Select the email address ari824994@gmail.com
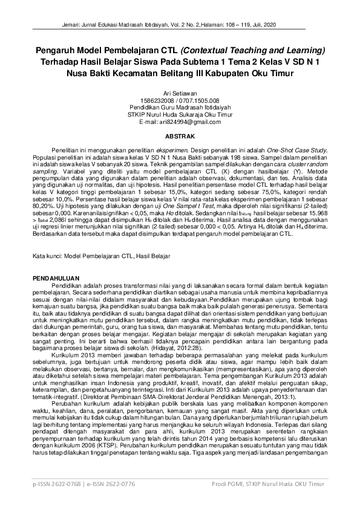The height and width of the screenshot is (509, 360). point(189,122)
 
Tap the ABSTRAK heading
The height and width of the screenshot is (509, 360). point(180,136)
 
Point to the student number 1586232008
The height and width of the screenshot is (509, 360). point(156,101)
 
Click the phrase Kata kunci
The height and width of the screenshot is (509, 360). point(46,257)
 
